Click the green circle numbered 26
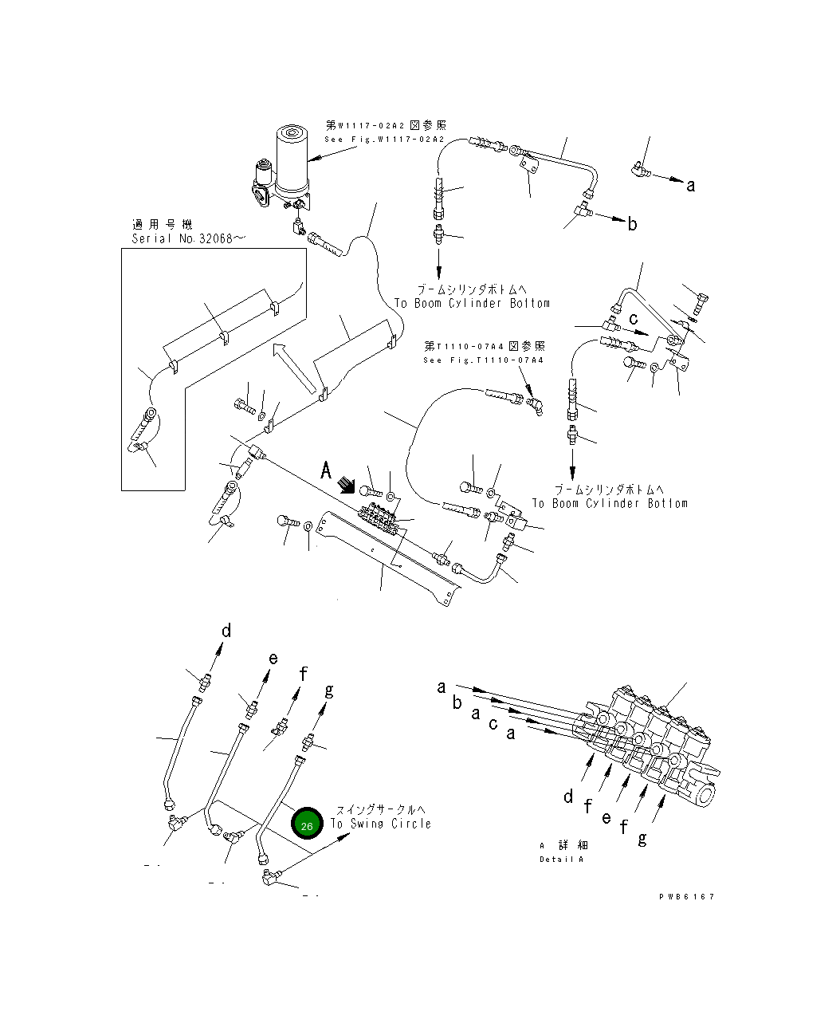pos(307,824)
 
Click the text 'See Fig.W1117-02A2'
pos(384,140)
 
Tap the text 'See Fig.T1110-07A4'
pos(484,360)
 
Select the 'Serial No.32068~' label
pos(183,239)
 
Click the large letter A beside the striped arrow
pos(325,471)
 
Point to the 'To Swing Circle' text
pos(380,824)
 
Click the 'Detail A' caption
pos(561,859)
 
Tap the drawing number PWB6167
pos(686,896)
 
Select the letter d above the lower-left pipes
pos(226,631)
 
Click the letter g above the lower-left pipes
pos(328,690)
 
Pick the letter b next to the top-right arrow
pos(632,224)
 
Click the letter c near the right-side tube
pos(634,319)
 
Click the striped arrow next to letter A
pos(347,485)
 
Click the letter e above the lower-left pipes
pos(273,659)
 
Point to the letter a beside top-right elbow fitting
pos(690,186)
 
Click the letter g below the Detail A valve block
pos(642,838)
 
